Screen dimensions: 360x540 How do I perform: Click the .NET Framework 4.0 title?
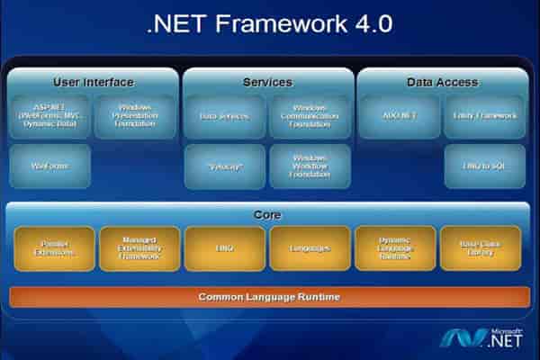(x=269, y=24)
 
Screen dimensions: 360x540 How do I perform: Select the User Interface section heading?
(x=94, y=82)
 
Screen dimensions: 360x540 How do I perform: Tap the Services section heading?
(x=267, y=82)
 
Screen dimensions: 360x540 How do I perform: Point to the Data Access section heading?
(x=442, y=82)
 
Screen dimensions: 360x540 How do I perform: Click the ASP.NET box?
(x=50, y=116)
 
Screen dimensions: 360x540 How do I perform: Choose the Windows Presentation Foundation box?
(x=136, y=116)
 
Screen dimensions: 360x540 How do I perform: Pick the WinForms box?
(x=50, y=166)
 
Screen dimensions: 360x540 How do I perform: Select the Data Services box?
(x=224, y=116)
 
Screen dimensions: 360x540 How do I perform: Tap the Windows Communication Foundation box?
(x=310, y=116)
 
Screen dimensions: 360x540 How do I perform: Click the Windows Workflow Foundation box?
(x=310, y=166)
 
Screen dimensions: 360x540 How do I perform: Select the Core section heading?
(x=267, y=215)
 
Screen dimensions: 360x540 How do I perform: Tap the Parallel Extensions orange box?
(x=54, y=248)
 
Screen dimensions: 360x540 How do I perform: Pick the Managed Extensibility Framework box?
(x=139, y=248)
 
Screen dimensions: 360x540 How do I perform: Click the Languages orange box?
(x=310, y=248)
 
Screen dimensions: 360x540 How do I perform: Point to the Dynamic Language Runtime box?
(x=396, y=248)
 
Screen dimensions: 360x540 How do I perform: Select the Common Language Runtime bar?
(x=269, y=296)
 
